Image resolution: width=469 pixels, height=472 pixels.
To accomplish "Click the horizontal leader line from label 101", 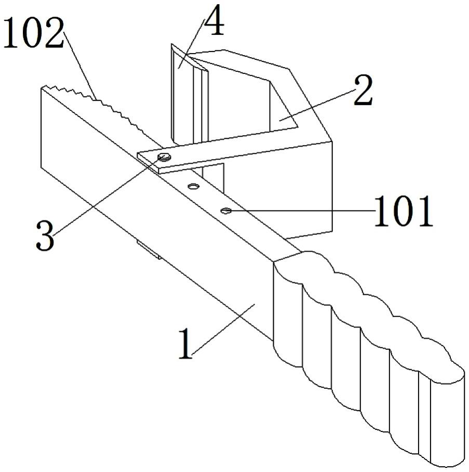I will pyautogui.click(x=301, y=211).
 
